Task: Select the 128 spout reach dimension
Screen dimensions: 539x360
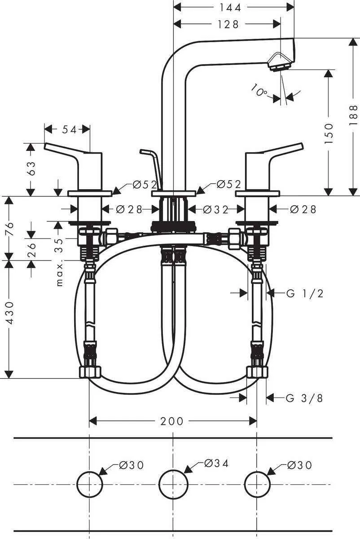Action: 228,25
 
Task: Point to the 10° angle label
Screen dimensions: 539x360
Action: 259,92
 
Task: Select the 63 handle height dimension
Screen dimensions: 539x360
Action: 31,169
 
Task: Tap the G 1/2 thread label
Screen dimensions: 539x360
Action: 305,294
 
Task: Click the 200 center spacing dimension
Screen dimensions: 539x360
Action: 172,421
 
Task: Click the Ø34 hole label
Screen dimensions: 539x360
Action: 216,464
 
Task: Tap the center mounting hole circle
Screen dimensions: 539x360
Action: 173,484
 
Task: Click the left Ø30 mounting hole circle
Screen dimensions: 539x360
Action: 89,484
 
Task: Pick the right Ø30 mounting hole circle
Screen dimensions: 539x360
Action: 256,484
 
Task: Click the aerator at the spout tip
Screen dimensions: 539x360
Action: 278,63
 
